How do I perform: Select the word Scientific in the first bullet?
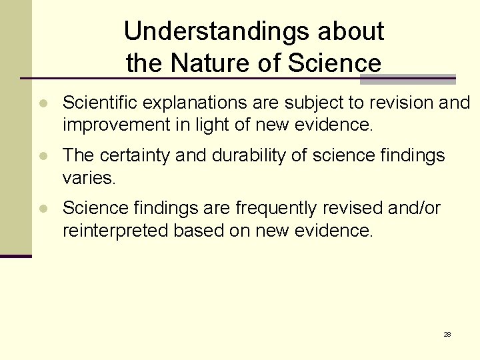pos(99,103)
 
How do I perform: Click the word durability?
pos(243,155)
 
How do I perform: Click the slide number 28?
pos(447,334)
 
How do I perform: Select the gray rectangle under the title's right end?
pos(407,79)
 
